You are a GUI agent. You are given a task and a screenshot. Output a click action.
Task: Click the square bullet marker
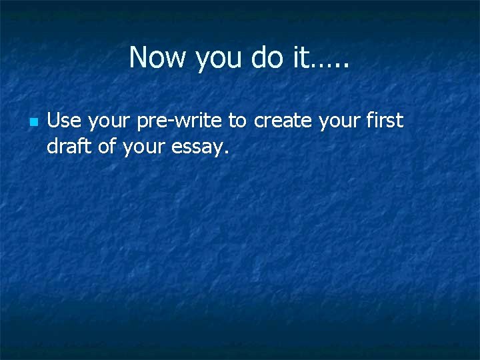[x=33, y=122]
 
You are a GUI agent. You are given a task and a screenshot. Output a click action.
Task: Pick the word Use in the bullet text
[x=64, y=121]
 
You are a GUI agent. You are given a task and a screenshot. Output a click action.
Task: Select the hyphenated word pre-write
[x=181, y=121]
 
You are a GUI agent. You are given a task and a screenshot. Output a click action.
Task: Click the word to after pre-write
[x=237, y=121]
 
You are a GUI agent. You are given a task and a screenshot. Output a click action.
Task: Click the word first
[x=386, y=121]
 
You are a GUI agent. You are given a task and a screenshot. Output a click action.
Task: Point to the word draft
[x=69, y=147]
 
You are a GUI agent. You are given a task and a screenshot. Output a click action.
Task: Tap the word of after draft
[x=107, y=147]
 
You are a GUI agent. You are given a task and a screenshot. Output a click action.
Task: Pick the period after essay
[x=227, y=153]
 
